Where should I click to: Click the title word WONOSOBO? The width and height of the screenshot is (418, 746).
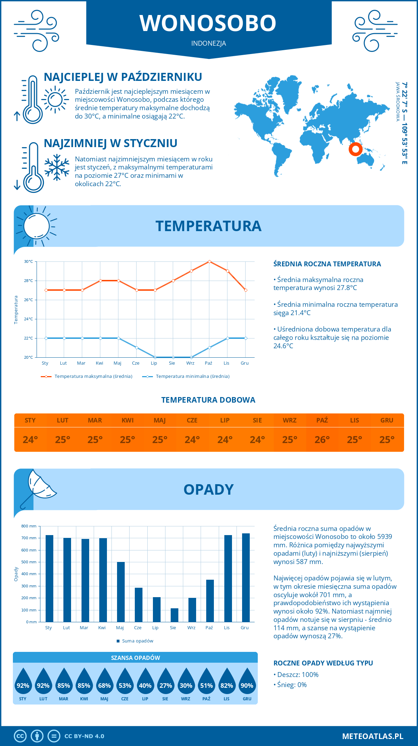click(208, 23)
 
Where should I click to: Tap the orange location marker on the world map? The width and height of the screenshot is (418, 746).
click(355, 149)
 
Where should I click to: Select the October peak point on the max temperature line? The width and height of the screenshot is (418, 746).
click(209, 261)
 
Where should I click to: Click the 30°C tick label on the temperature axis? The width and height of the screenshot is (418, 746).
click(29, 261)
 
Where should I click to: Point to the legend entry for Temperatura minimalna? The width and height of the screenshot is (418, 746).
click(186, 376)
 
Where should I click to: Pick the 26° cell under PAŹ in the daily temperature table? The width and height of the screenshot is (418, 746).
click(322, 440)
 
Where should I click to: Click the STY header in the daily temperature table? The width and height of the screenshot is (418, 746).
click(30, 420)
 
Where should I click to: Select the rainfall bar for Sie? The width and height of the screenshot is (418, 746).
click(174, 615)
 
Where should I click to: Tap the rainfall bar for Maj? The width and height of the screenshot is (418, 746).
click(121, 592)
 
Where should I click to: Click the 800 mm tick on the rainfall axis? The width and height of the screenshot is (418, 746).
click(29, 526)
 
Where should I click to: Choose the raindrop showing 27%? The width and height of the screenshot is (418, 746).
click(165, 682)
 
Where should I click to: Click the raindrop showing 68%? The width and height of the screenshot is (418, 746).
click(104, 682)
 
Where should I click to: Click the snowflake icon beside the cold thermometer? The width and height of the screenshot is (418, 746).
click(57, 167)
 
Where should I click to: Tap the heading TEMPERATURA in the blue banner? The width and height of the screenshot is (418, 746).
click(208, 226)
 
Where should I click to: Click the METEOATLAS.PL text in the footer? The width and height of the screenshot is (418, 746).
click(372, 736)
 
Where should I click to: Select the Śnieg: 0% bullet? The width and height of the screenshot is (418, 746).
click(290, 685)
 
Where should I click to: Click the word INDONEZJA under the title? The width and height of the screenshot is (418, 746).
click(209, 43)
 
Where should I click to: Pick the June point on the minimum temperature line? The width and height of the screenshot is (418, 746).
click(137, 348)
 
